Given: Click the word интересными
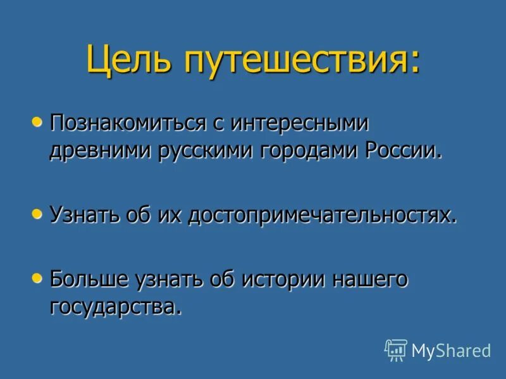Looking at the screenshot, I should point(307,123).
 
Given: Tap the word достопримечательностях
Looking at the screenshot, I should point(328,215).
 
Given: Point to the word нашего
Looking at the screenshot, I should point(369,279).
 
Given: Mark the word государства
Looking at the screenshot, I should point(113,308).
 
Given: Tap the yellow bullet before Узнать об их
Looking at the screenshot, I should point(38,214).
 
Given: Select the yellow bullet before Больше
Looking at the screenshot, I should point(38,276).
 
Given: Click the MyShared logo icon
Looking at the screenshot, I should point(395,350).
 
